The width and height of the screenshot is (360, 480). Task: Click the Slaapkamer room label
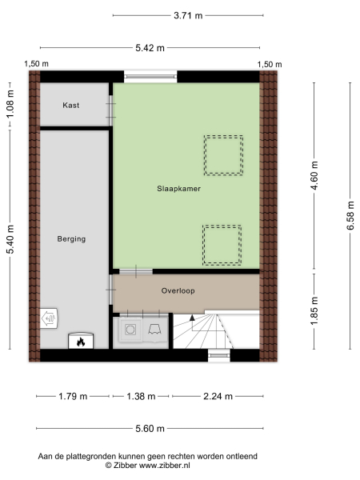pos(178,189)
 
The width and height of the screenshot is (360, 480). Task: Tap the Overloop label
pos(178,291)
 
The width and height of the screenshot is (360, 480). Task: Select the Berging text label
pos(71,238)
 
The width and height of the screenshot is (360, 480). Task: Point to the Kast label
pos(71,105)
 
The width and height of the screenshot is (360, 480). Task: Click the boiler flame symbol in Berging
pos(80,342)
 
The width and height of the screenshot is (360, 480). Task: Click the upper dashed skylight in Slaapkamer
pos(222,155)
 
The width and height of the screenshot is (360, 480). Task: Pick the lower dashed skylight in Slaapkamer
pos(222,245)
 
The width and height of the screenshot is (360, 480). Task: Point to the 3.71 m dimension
pos(188,14)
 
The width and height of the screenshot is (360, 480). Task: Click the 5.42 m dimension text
pos(150,47)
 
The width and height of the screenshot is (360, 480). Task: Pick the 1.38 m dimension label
pos(141,395)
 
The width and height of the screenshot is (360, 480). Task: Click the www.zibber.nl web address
pos(164,465)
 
